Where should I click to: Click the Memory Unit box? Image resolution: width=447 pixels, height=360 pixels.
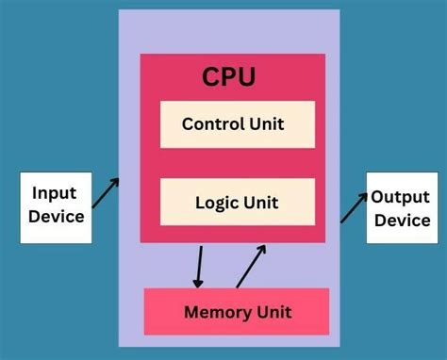pos(236,312)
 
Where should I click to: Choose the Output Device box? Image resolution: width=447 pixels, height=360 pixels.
pos(400,208)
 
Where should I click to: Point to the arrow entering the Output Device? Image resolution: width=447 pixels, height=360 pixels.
pos(355,206)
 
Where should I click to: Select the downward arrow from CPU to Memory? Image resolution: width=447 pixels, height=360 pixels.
pos(199,266)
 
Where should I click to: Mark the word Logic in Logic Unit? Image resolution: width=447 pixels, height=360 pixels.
pos(216,203)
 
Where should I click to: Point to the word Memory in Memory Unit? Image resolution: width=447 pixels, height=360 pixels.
pos(216,312)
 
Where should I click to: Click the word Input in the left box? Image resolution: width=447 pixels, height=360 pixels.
pos(55,193)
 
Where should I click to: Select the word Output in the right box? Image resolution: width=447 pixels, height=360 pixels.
pos(400,197)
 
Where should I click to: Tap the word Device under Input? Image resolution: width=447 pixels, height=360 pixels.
pos(57,217)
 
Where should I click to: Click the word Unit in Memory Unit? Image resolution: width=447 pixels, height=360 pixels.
pos(273,312)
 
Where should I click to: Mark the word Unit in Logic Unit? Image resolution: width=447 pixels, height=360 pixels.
pos(259,203)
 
